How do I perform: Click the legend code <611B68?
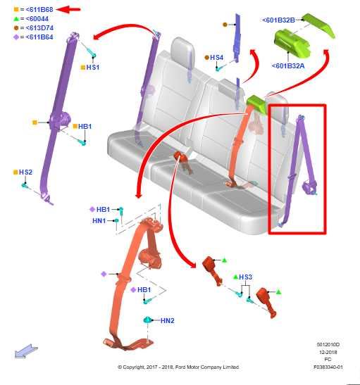point(34,9)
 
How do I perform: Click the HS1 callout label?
point(92,67)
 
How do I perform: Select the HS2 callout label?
point(25,172)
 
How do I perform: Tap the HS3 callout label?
point(245,277)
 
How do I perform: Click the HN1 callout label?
point(99,220)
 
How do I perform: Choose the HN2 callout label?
point(167,321)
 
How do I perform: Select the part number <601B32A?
point(289,66)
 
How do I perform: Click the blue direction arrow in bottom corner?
point(26,350)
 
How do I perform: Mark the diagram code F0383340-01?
point(328,367)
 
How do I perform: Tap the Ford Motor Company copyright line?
point(178,367)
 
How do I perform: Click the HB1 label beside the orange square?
point(85,126)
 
